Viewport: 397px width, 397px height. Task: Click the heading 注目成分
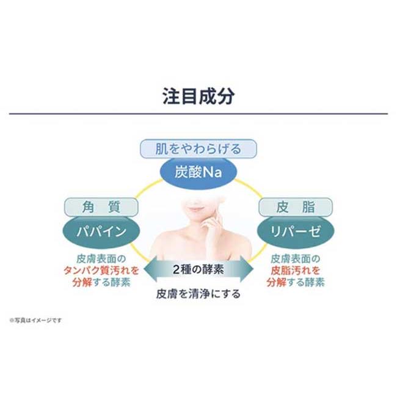(x=198, y=97)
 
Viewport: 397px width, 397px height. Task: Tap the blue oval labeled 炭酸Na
(x=198, y=173)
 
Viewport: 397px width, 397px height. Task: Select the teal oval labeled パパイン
(x=101, y=231)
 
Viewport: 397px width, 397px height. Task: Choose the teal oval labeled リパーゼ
(x=296, y=231)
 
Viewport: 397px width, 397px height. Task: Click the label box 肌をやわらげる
(x=198, y=149)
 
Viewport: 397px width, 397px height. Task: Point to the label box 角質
(x=101, y=207)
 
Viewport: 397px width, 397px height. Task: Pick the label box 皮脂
(x=296, y=207)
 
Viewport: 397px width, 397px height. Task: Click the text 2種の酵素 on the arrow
(x=198, y=269)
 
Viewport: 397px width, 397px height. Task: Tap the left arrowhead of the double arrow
(x=150, y=269)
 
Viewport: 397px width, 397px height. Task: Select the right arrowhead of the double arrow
(x=247, y=269)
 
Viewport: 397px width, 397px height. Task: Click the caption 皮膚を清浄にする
(x=198, y=294)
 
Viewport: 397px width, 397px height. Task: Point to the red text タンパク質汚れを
(x=101, y=271)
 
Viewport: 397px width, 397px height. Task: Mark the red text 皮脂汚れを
(x=296, y=271)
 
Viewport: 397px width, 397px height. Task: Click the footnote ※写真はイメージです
(x=35, y=320)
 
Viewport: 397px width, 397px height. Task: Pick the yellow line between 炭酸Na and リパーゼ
(x=249, y=188)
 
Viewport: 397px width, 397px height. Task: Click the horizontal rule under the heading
(x=198, y=114)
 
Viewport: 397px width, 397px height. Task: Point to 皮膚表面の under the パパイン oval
(x=101, y=259)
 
